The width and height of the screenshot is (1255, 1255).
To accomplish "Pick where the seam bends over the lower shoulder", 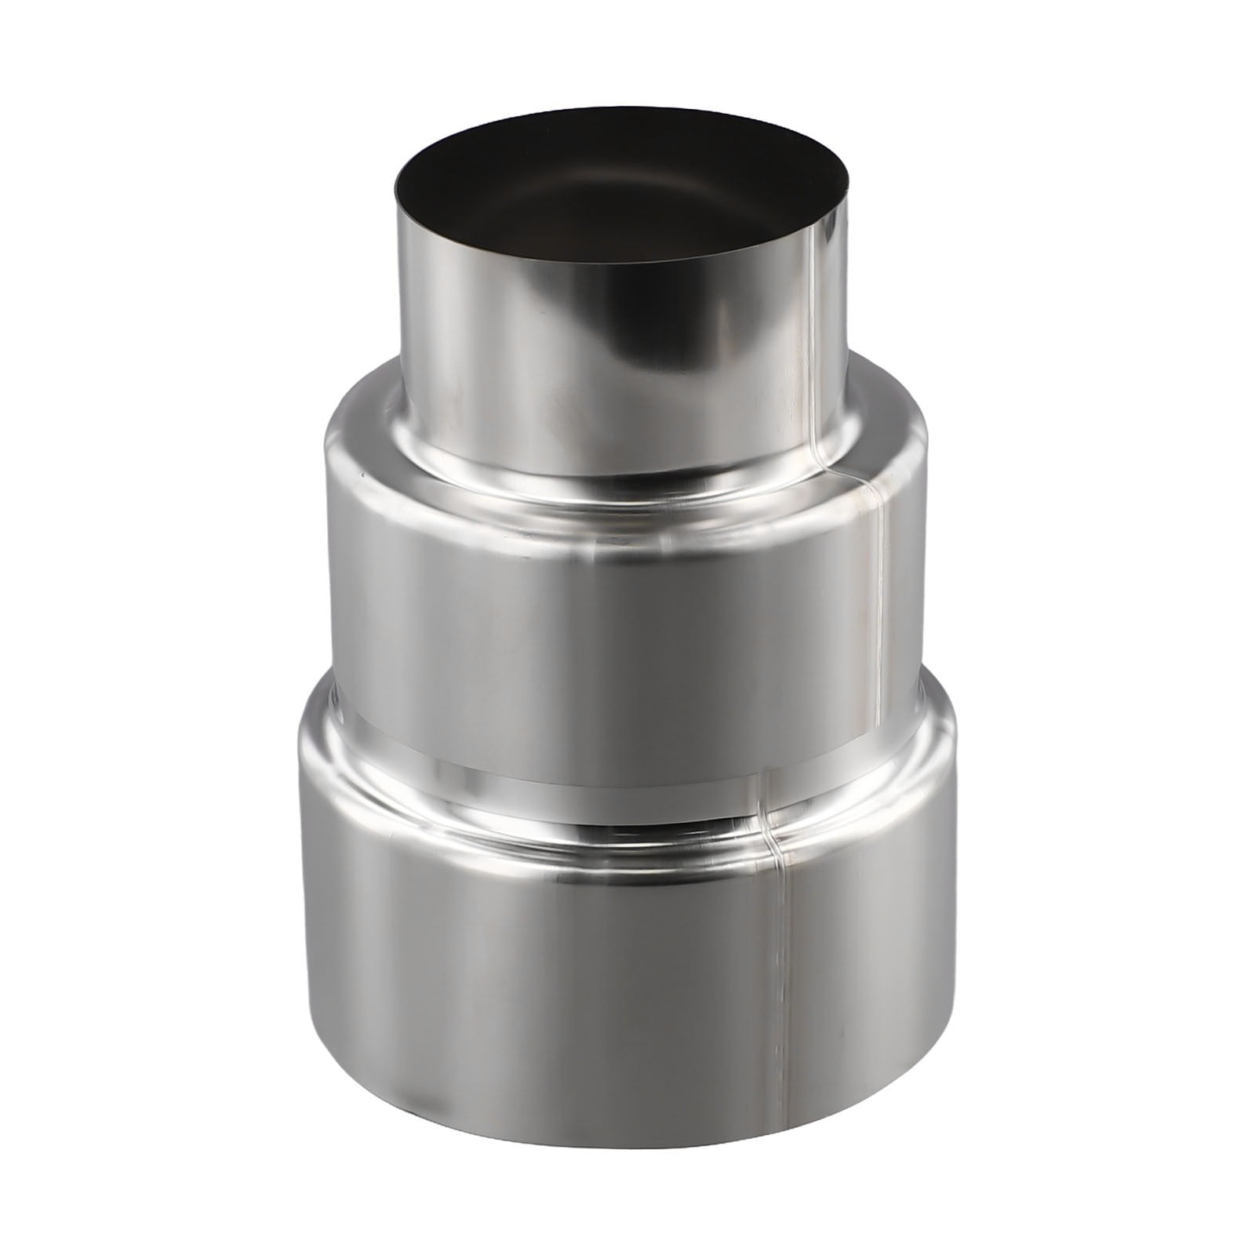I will (x=773, y=816).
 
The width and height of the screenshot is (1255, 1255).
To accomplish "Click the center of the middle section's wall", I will (x=612, y=620).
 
